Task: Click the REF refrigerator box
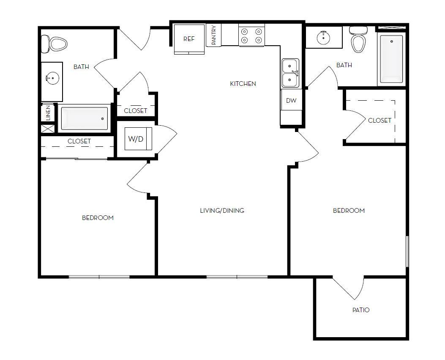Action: [189, 39]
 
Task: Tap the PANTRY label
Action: [214, 35]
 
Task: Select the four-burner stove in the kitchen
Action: [251, 36]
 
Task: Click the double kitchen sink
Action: [290, 73]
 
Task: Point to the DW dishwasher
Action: [291, 101]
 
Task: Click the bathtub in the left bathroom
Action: [85, 118]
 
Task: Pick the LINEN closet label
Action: [48, 113]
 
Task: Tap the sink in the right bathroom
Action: [324, 37]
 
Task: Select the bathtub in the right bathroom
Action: [391, 59]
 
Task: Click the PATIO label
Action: [361, 310]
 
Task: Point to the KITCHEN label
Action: [243, 84]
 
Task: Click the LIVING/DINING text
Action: [222, 211]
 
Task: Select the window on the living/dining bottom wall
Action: [237, 277]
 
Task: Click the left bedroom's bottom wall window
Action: [99, 277]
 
